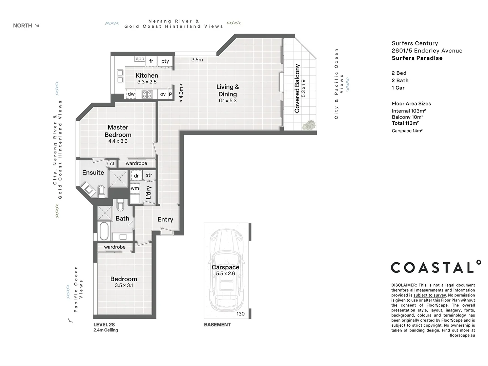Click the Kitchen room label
pyautogui.click(x=147, y=76)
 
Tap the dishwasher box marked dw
pyautogui.click(x=131, y=94)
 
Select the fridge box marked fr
pyautogui.click(x=151, y=61)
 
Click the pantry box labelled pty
pyautogui.click(x=165, y=61)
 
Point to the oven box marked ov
pyautogui.click(x=163, y=94)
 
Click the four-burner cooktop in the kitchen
pyautogui.click(x=147, y=94)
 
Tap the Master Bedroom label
pyautogui.click(x=118, y=131)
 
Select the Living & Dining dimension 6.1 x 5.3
pyautogui.click(x=227, y=101)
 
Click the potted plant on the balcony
pyautogui.click(x=309, y=125)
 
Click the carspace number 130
pyautogui.click(x=241, y=314)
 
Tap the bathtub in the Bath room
pyautogui.click(x=104, y=231)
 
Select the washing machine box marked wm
pyautogui.click(x=135, y=188)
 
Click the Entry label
pyautogui.click(x=165, y=220)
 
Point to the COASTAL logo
pyautogui.click(x=436, y=267)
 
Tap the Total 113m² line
pyautogui.click(x=405, y=123)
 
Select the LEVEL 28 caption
pyautogui.click(x=104, y=325)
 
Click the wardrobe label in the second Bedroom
pyautogui.click(x=115, y=247)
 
